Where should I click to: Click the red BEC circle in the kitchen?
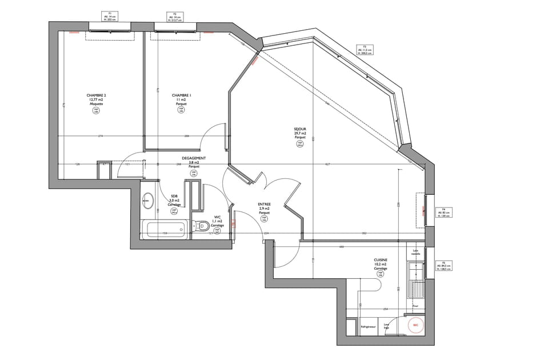pyautogui.click(x=415, y=326)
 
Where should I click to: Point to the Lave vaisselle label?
pyautogui.click(x=415, y=253)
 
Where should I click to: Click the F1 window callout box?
pyautogui.click(x=110, y=15)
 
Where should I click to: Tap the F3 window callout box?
pyautogui.click(x=365, y=50)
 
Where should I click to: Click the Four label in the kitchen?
pyautogui.click(x=415, y=306)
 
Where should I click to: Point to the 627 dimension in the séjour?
pyautogui.click(x=327, y=165)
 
